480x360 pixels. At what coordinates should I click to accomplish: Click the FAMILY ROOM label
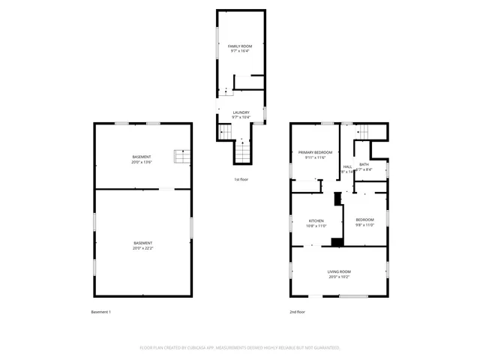click(x=240, y=46)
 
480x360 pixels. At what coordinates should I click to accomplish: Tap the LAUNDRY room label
click(x=240, y=112)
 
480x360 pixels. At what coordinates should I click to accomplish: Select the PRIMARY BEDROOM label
click(x=310, y=152)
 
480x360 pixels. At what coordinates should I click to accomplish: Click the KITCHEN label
click(x=295, y=220)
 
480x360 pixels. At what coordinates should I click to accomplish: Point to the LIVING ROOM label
click(x=338, y=271)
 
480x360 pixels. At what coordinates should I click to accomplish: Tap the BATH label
click(x=364, y=164)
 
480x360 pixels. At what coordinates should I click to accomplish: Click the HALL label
click(x=347, y=166)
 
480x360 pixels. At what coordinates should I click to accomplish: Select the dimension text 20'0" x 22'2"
click(x=142, y=248)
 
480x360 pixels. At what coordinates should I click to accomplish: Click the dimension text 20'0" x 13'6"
click(x=142, y=162)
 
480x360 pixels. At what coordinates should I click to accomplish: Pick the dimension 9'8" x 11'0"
click(x=364, y=225)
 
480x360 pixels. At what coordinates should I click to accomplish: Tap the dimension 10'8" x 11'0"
click(x=295, y=226)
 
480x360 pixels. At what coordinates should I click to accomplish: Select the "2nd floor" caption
click(x=298, y=311)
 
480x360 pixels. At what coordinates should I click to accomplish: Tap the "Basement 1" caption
click(x=100, y=311)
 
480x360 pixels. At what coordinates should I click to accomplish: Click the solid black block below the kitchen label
click(x=337, y=242)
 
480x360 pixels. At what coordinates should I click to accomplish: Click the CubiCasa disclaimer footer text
click(x=240, y=348)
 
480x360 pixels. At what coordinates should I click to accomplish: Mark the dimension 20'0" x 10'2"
click(x=338, y=277)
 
